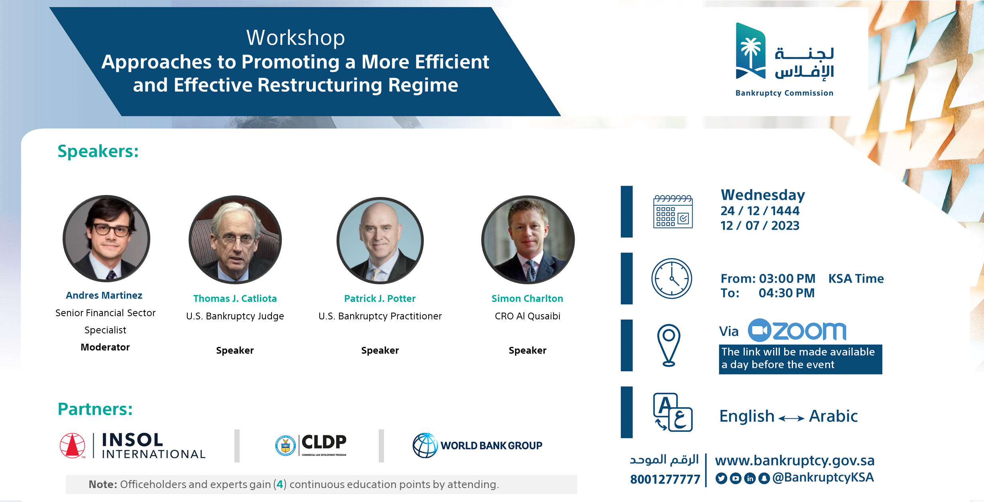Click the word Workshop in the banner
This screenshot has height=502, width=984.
pyautogui.click(x=295, y=38)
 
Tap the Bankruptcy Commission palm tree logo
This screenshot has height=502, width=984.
pyautogui.click(x=751, y=51)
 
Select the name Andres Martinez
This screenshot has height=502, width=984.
pyautogui.click(x=104, y=295)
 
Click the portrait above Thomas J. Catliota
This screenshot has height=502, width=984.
pyautogui.click(x=235, y=240)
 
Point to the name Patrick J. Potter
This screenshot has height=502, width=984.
pyautogui.click(x=380, y=299)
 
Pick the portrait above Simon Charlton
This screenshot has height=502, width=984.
pyautogui.click(x=528, y=240)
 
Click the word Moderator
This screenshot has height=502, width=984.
pyautogui.click(x=105, y=347)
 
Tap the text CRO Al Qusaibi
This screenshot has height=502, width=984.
pyautogui.click(x=527, y=316)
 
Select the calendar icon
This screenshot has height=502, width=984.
pyautogui.click(x=673, y=211)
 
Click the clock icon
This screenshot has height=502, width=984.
pyautogui.click(x=672, y=278)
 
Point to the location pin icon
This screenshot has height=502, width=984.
pyautogui.click(x=669, y=345)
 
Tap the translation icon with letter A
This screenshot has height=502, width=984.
pyautogui.click(x=673, y=412)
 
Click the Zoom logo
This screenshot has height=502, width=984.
pyautogui.click(x=797, y=330)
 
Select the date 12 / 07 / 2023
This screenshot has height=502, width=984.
pyautogui.click(x=760, y=226)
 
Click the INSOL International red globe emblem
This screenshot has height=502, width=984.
pyautogui.click(x=72, y=445)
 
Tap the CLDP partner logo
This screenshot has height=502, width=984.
pyautogui.click(x=311, y=445)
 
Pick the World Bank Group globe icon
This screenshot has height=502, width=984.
pyautogui.click(x=425, y=445)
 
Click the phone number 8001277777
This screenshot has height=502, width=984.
pyautogui.click(x=665, y=479)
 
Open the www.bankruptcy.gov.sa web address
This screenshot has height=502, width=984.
pyautogui.click(x=795, y=461)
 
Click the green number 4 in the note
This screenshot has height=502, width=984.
pyautogui.click(x=280, y=484)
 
